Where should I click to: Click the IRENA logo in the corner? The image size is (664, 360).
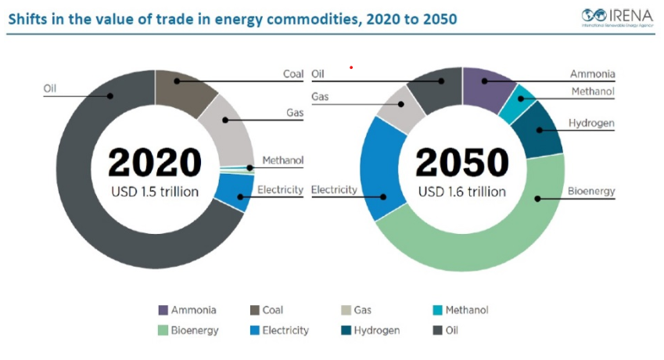pyautogui.click(x=616, y=16)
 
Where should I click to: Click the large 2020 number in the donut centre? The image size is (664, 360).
pyautogui.click(x=155, y=162)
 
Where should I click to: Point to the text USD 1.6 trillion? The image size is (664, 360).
pyautogui.click(x=461, y=192)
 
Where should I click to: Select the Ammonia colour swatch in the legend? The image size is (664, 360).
pyautogui.click(x=163, y=310)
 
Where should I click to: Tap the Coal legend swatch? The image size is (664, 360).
pyautogui.click(x=255, y=310)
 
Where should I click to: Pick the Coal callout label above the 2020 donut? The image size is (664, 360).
pyautogui.click(x=293, y=74)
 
